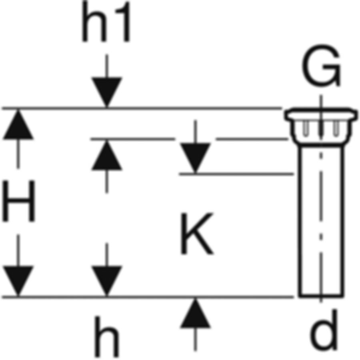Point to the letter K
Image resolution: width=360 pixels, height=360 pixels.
click(x=196, y=234)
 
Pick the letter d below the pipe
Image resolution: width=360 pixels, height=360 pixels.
click(x=323, y=330)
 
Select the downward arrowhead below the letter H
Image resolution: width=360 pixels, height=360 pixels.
click(x=18, y=282)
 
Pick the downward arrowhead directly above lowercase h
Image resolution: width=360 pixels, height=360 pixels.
click(x=106, y=282)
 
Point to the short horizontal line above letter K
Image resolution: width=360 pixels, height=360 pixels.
click(x=236, y=174)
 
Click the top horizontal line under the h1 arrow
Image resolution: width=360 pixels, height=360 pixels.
click(x=140, y=108)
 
